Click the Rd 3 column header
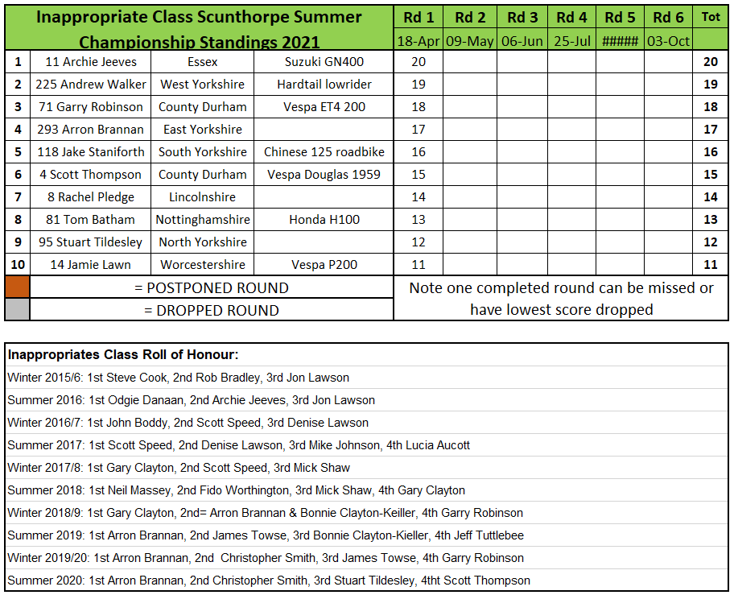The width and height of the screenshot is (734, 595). point(522,17)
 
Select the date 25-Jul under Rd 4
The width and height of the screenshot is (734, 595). point(571,41)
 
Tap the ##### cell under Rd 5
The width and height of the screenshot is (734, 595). point(620,41)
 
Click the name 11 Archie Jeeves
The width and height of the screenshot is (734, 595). point(91,62)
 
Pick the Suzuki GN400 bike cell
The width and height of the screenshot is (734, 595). point(323,62)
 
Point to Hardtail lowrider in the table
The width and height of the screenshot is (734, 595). point(324,85)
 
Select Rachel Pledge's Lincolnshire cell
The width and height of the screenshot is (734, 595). point(202,197)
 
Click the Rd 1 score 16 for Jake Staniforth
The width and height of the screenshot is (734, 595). point(418,152)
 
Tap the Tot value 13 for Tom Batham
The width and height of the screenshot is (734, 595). point(710,220)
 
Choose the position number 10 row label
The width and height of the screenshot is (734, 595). point(17,265)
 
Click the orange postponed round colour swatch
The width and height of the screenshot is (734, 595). point(17,287)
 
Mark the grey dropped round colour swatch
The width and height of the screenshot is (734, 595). point(17,310)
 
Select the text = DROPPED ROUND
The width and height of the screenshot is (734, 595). point(211,310)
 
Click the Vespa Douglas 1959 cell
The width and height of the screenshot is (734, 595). point(324,175)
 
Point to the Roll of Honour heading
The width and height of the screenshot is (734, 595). point(123,354)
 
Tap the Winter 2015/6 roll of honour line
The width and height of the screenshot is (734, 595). point(179,377)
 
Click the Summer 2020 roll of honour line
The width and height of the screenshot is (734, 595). point(269,580)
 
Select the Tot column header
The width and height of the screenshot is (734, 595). point(711,17)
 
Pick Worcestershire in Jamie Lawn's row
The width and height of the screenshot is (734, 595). point(202,265)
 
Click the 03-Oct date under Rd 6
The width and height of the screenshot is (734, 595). point(668,41)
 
